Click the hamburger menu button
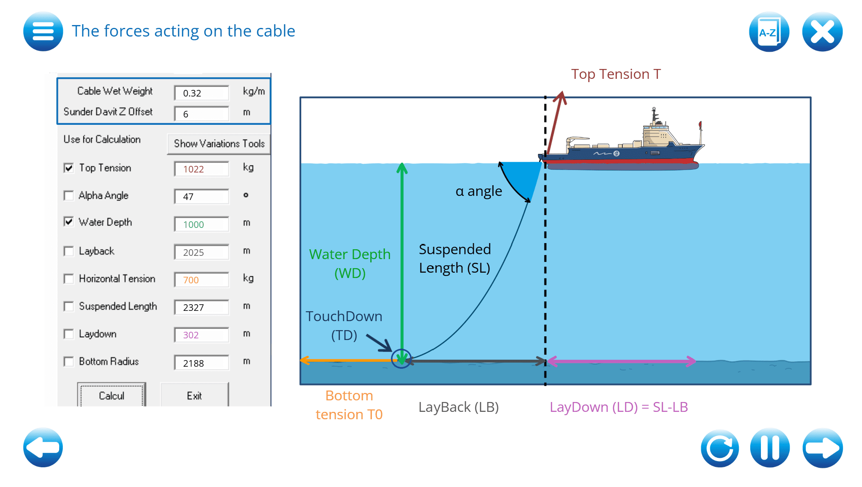pos(43,32)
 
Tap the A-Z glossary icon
pos(769,32)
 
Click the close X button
pos(822,32)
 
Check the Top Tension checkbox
pos(69,168)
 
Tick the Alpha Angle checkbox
pos(69,195)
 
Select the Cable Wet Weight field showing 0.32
pos(201,93)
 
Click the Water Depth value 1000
pos(201,225)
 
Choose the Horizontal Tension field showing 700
pos(201,280)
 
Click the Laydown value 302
pos(201,335)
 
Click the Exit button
pos(194,395)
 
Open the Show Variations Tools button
pos(219,144)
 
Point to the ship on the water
pos(625,148)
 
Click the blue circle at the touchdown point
pos(401,359)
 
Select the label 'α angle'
pos(479,191)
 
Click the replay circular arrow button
pos(720,448)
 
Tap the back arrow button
pos(43,448)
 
